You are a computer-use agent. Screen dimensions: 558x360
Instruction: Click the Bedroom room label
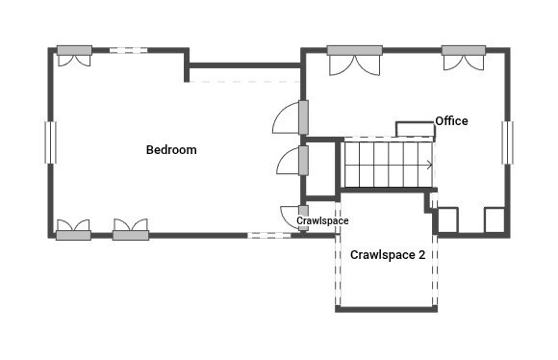pos(171,149)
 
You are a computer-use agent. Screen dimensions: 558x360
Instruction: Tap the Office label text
pos(451,121)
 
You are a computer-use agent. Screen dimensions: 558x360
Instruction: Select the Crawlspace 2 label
pos(388,255)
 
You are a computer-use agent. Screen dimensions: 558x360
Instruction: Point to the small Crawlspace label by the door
pos(322,220)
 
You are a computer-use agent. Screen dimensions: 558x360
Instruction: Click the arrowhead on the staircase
pos(429,165)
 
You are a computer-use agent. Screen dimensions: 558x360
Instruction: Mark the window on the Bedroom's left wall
pos(51,143)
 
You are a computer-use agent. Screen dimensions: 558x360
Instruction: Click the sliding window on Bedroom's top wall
pos(127,50)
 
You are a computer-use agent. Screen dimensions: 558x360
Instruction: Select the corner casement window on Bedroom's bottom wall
pos(73,234)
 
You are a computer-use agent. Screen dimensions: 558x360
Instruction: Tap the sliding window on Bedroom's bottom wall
pos(269,235)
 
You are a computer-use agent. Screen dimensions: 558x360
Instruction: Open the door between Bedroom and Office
pos(302,117)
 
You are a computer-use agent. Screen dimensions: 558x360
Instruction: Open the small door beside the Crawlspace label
pos(302,213)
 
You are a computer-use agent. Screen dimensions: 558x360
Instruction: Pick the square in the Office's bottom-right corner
pos(495,219)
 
